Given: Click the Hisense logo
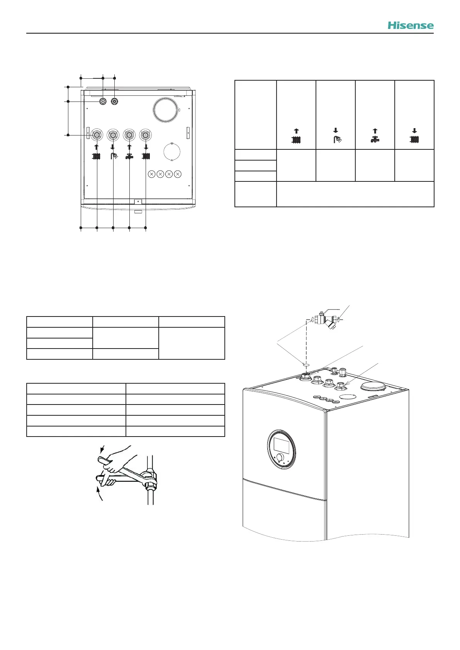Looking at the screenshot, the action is pos(411,25).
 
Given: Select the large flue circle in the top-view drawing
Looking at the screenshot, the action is pos(166,110).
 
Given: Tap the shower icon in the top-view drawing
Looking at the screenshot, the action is pos(113,156).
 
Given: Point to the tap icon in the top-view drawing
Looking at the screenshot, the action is pos(129,156).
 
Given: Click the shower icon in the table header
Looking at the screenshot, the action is pos(336,139).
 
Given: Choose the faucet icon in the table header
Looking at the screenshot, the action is pos(375,140).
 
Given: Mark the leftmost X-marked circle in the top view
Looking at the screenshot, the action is pos(151,174).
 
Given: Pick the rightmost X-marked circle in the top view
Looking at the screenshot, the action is pos(178,174).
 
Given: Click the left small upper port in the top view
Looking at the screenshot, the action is pos(103,102).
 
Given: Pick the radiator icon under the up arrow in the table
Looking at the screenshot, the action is pos(296,139).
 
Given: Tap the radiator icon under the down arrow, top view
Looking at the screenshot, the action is pos(146,156).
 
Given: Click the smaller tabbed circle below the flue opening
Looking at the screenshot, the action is pos(172,152).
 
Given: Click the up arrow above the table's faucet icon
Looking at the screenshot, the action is pos(375,131).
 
